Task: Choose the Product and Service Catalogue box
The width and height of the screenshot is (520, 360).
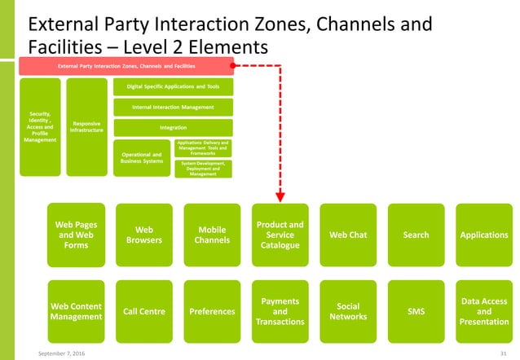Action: pos(280,235)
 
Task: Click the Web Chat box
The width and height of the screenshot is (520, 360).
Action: pos(348,235)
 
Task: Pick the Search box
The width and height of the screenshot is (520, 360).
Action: pos(416,235)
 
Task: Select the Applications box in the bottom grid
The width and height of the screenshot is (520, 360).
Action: pos(483,235)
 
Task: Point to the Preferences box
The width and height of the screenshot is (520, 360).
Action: pos(213,310)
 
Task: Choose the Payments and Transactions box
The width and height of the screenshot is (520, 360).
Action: pos(280,310)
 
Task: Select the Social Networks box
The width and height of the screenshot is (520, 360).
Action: pos(348,310)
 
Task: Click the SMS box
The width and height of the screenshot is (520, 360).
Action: pos(416,310)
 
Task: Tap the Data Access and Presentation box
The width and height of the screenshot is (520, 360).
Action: pos(483,310)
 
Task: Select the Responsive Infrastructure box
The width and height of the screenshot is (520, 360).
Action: pos(86,126)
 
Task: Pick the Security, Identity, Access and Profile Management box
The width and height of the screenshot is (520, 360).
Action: pos(40,126)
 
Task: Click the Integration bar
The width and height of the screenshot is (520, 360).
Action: pos(173,127)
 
